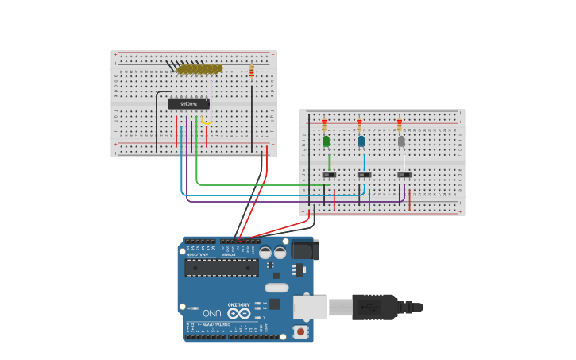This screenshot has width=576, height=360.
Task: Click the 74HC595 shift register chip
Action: [188, 103]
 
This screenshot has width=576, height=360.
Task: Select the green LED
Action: [326, 141]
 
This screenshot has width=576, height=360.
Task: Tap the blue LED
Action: [361, 141]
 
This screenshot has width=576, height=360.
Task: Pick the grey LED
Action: [401, 141]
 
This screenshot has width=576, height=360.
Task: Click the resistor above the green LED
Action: [324, 125]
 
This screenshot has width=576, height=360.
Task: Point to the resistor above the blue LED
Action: [359, 125]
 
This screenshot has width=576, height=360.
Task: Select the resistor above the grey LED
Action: [400, 125]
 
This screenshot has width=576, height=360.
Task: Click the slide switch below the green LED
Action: [329, 175]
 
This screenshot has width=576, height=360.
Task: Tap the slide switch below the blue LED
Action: [364, 175]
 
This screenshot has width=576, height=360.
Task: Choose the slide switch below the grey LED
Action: [404, 175]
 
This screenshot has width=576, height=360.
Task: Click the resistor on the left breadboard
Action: [252, 72]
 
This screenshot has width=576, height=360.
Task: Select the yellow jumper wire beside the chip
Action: [211, 99]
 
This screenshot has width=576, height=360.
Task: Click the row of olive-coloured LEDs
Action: [199, 69]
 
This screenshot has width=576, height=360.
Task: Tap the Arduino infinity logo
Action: [239, 313]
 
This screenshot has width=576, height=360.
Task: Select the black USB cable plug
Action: [374, 307]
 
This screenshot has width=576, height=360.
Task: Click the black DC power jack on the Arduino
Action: [304, 250]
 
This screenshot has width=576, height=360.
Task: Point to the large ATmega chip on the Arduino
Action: [221, 268]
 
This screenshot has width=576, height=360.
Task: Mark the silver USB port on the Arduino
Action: [309, 307]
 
